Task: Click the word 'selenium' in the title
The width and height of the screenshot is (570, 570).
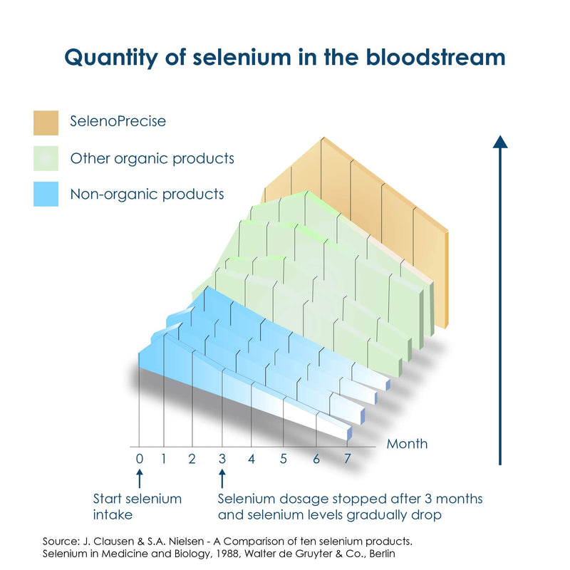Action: click(242, 58)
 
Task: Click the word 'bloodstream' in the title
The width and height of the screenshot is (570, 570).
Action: click(435, 58)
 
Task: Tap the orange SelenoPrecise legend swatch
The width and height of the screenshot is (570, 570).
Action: click(46, 123)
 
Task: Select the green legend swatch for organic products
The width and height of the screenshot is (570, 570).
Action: click(46, 158)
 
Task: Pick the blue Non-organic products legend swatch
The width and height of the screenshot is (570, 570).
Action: click(46, 194)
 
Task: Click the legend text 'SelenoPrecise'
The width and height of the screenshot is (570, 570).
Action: click(118, 121)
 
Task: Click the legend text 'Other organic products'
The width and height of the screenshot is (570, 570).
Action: click(152, 158)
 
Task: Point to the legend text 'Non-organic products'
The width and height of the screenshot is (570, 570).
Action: click(147, 194)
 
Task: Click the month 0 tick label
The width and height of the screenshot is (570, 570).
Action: click(140, 459)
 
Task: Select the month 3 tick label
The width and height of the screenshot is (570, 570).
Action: click(222, 459)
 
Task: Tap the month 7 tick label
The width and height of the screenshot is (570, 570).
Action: click(348, 459)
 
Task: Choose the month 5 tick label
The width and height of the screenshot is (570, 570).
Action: click(284, 459)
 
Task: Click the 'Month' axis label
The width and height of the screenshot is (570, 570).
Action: click(407, 444)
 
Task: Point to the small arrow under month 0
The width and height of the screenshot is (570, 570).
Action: click(140, 478)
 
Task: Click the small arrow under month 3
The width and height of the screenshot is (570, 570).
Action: click(222, 478)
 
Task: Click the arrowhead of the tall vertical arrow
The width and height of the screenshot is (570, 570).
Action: click(500, 142)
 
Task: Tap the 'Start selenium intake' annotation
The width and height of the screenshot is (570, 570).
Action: click(137, 507)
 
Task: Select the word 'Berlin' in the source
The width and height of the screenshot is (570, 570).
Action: click(383, 554)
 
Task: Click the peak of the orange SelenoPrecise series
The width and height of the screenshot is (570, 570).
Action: click(323, 138)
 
